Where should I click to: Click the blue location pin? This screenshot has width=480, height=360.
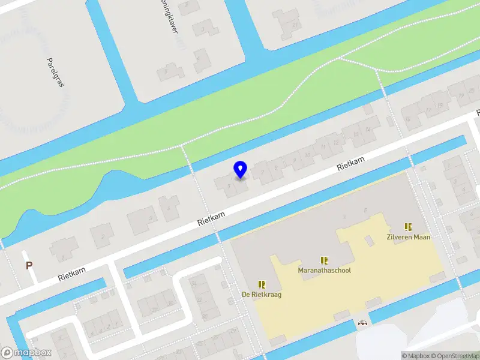(240, 169)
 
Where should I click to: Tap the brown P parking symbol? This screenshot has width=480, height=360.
(28, 265)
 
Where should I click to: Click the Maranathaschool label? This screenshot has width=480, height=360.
(324, 270)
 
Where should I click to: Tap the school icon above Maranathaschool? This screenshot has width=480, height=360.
(324, 260)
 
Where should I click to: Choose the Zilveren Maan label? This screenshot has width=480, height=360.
(408, 236)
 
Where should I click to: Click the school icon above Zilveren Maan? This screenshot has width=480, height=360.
(408, 227)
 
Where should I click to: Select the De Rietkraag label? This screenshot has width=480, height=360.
(262, 294)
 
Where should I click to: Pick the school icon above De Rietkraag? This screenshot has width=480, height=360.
(262, 284)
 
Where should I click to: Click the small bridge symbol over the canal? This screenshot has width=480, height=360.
(362, 323)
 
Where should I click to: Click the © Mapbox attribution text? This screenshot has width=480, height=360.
(416, 356)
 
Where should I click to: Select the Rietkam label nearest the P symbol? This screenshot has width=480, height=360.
(72, 274)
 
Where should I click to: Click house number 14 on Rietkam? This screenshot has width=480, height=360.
(367, 130)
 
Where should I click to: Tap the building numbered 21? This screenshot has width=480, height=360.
(294, 24)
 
